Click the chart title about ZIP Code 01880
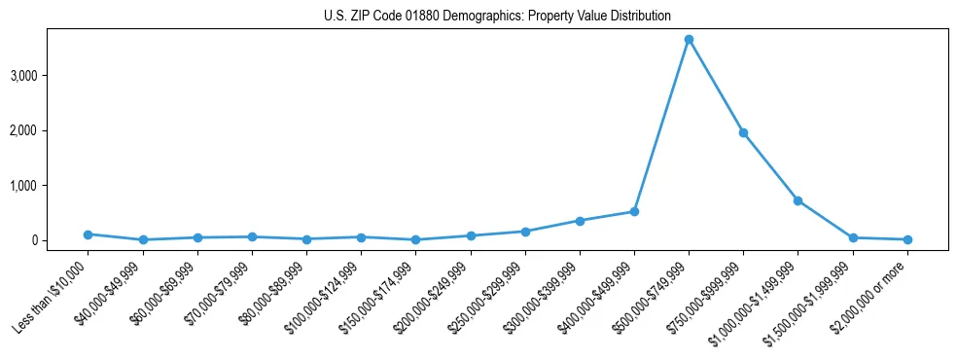(x=497, y=16)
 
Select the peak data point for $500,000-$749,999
(x=689, y=39)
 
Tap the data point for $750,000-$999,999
(x=743, y=132)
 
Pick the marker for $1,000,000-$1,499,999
(x=797, y=200)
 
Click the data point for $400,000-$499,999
(x=634, y=211)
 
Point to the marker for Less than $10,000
(x=89, y=234)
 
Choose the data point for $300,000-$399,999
(x=580, y=221)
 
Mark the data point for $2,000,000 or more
(x=907, y=239)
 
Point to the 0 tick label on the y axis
(x=59, y=240)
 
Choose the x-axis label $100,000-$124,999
(x=327, y=292)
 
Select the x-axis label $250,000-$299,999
(x=490, y=292)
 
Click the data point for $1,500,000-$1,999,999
(x=853, y=237)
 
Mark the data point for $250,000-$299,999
(x=525, y=232)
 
